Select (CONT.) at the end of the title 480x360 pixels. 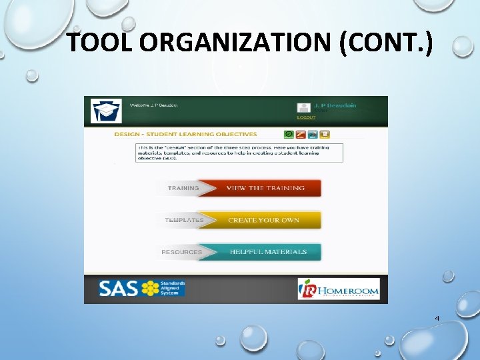[386, 43]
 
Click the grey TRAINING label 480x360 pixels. [183, 188]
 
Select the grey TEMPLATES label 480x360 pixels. [184, 220]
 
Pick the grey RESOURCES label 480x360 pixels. [181, 252]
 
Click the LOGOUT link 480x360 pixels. [306, 117]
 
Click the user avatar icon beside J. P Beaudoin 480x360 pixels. [303, 107]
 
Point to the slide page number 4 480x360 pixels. [437, 318]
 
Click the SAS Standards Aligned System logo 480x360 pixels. [141, 288]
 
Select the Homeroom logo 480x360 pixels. [338, 289]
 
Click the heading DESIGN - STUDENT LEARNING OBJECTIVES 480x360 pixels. [185, 134]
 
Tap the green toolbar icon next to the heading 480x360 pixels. [289, 134]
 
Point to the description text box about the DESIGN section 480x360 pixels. [239, 151]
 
